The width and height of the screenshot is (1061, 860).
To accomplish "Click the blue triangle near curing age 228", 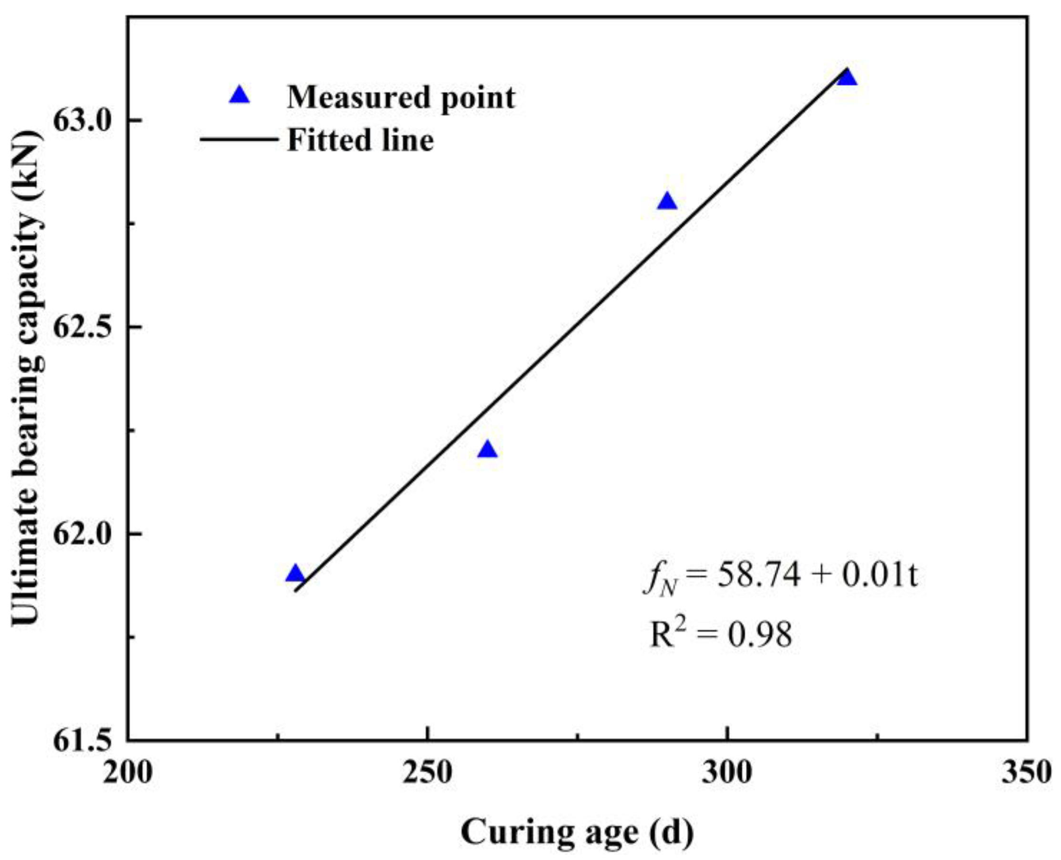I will [x=296, y=574].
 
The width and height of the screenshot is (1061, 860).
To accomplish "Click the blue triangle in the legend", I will [x=239, y=96].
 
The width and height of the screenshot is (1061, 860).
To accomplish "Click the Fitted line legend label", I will [x=360, y=140].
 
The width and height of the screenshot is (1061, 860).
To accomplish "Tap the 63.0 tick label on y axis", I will [x=83, y=121].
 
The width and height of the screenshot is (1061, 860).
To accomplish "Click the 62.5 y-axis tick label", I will [x=83, y=327].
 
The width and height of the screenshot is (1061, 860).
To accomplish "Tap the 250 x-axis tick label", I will [x=427, y=773].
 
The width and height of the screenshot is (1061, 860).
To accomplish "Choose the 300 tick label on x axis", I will [x=727, y=773].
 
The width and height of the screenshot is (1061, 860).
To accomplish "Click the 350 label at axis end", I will [x=1026, y=773].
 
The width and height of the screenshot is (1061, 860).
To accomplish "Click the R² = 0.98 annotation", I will [x=721, y=635].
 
